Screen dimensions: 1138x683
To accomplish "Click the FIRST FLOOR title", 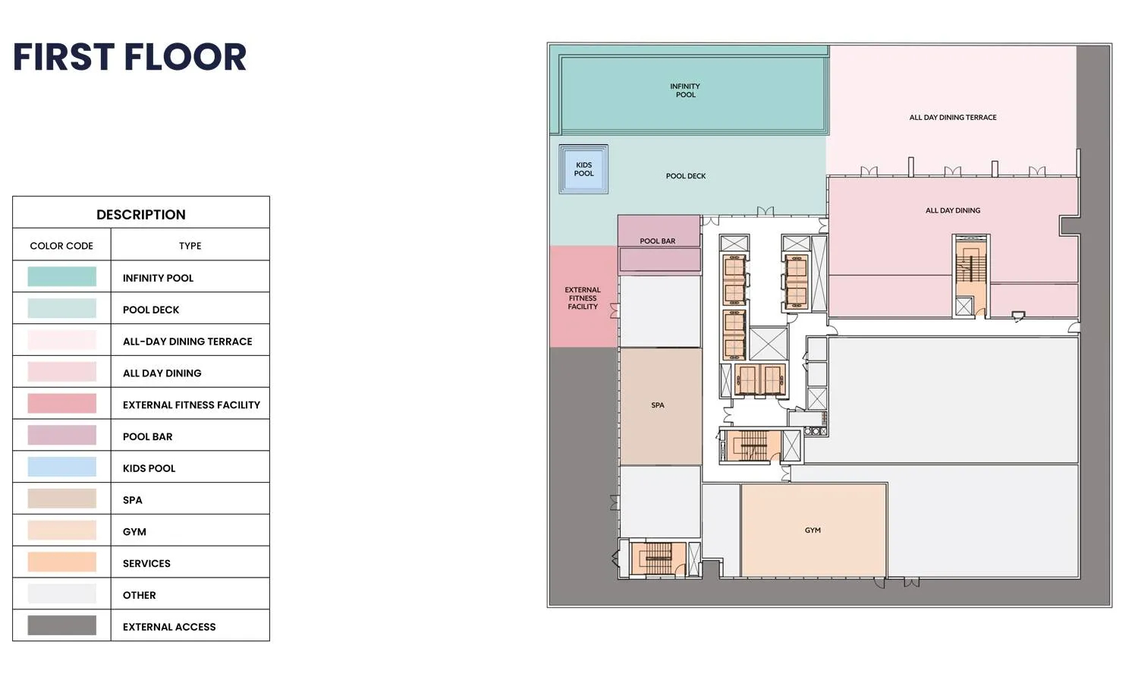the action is tap(130, 56).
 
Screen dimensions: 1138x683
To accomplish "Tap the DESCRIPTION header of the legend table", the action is tap(140, 215).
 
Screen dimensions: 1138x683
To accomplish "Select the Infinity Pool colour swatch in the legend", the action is tap(62, 276).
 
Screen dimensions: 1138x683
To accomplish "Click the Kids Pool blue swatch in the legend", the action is tap(62, 467).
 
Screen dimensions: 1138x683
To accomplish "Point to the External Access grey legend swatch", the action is tap(62, 625).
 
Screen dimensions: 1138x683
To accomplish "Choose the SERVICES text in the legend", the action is tap(146, 563).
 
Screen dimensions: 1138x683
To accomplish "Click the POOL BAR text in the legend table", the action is tap(147, 436).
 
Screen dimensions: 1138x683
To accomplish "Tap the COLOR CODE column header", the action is tap(61, 246).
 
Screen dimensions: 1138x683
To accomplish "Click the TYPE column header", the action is tap(190, 246).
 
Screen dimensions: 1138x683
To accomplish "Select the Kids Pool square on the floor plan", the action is tap(583, 169).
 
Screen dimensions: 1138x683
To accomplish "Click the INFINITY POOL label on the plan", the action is tap(685, 90).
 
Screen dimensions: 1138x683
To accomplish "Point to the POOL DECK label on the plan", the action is tap(686, 176).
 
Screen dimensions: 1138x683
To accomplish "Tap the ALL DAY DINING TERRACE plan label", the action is tap(953, 118).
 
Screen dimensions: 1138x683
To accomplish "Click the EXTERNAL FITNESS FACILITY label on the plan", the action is tap(583, 298).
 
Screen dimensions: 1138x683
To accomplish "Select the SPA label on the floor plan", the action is tap(658, 405).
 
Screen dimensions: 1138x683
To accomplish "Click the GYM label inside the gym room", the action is tap(813, 530).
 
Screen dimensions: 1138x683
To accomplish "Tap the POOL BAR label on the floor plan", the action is tap(658, 241).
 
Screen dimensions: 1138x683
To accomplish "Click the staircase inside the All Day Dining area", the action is tap(971, 269).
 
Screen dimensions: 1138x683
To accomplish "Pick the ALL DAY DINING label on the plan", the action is tap(953, 210).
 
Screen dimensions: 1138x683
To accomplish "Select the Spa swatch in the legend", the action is tap(62, 499).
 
